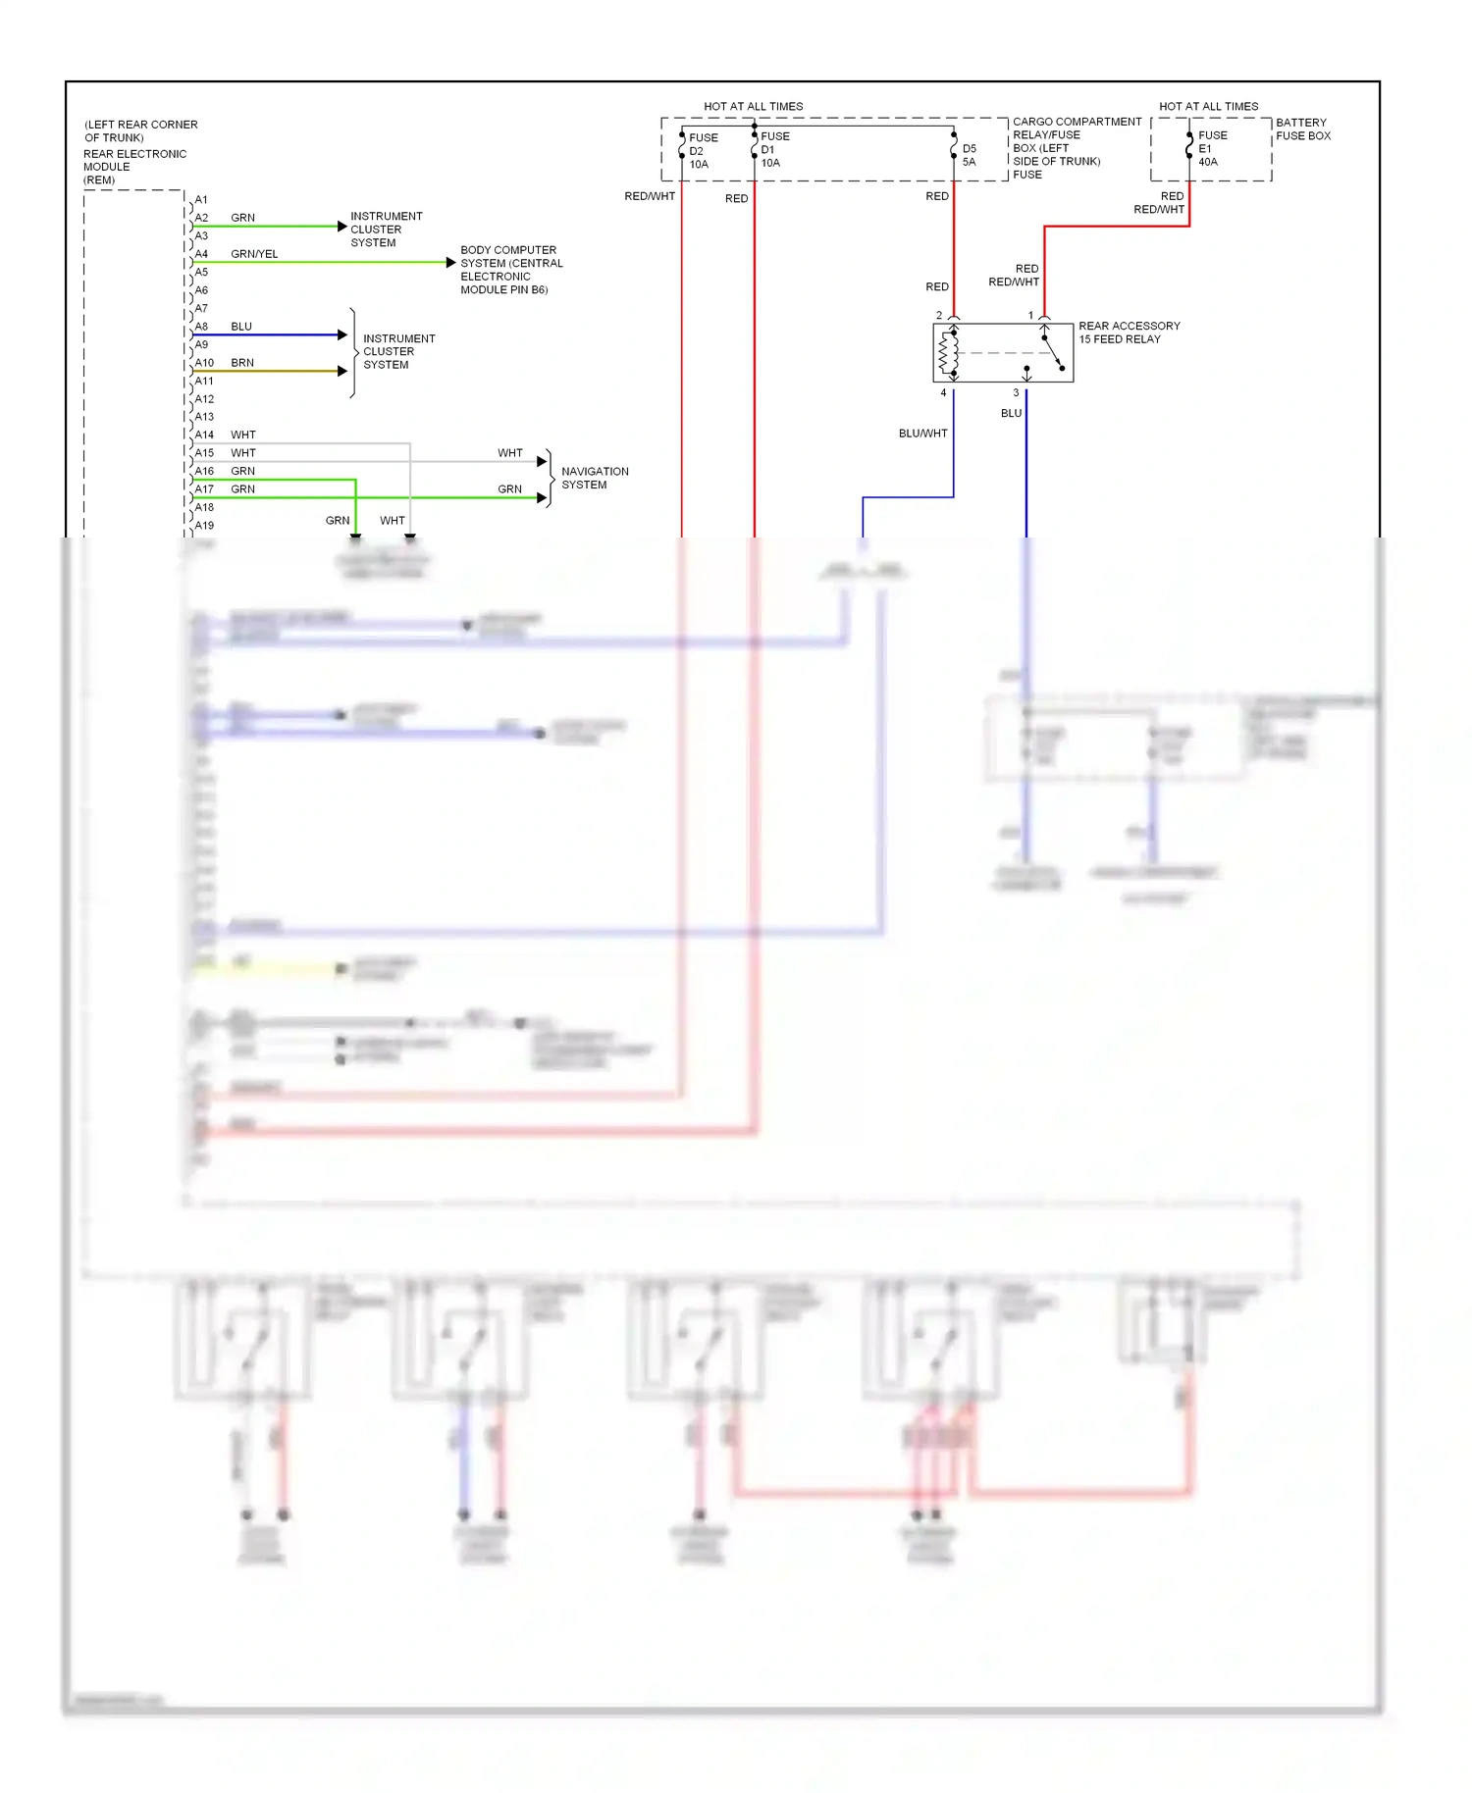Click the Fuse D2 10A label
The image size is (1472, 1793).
click(x=702, y=151)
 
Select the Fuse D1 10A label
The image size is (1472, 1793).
click(x=774, y=150)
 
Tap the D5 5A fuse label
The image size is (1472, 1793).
click(x=969, y=155)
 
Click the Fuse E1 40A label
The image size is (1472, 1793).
click(x=1211, y=149)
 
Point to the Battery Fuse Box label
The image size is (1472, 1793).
click(x=1302, y=129)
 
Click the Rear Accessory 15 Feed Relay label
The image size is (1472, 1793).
click(x=1129, y=333)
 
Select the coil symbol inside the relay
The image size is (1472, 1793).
click(x=948, y=353)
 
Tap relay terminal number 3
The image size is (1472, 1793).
click(x=1016, y=392)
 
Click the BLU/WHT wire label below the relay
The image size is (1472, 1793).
click(x=922, y=434)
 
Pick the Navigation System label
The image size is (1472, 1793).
click(x=595, y=478)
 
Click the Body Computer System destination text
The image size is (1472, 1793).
click(x=510, y=270)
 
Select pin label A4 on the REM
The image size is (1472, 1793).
click(x=201, y=254)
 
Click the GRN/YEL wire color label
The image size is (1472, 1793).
click(x=254, y=254)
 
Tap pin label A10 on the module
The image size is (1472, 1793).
click(x=204, y=363)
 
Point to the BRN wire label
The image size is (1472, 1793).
click(x=242, y=363)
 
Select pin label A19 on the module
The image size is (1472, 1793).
click(x=204, y=526)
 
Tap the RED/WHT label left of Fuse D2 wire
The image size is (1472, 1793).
click(x=649, y=196)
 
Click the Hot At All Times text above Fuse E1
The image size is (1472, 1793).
click(x=1208, y=106)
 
